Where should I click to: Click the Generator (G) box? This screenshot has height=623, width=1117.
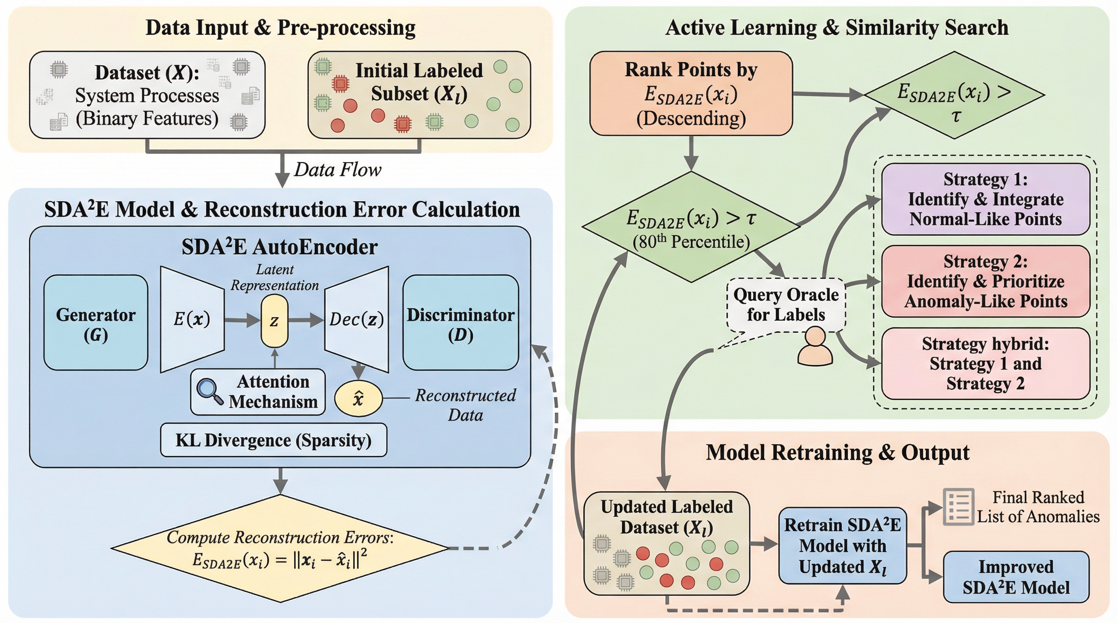[x=96, y=323]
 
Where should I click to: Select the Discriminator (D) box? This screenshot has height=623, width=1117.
[x=461, y=323]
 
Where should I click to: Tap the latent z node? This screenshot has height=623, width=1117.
[x=274, y=321]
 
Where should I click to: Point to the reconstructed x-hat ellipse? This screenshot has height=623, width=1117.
[x=358, y=398]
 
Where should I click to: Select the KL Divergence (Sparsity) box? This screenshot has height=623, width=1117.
[x=274, y=440]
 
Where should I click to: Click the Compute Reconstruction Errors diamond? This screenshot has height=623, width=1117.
[x=280, y=548]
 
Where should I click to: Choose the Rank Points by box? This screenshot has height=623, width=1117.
[x=691, y=94]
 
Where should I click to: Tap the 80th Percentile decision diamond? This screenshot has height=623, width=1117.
[x=691, y=227]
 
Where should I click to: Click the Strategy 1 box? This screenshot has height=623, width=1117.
[x=985, y=199]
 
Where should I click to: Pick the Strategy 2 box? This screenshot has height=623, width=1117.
[x=985, y=281]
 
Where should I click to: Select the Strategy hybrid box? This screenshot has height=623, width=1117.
[x=985, y=363]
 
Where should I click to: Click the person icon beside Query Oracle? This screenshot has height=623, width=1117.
[x=815, y=347]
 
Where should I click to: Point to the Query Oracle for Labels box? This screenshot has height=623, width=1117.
[x=786, y=305]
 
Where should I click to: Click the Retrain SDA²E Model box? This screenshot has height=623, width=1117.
[x=843, y=546]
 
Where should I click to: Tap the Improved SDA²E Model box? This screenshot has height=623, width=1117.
[x=1016, y=577]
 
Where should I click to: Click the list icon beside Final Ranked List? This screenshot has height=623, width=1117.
[x=958, y=507]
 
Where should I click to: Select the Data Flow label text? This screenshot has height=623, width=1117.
[x=337, y=170]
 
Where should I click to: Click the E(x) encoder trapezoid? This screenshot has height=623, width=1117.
[x=192, y=320]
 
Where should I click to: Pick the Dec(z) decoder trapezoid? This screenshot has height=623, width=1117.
[x=356, y=320]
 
